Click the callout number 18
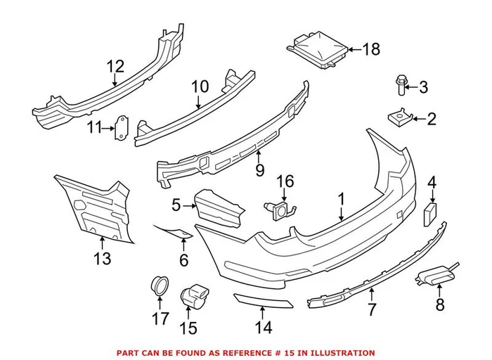coord(370,49)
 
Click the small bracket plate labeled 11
coord(124,127)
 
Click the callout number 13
coord(102,259)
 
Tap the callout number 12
coord(115,67)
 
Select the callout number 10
coord(200,86)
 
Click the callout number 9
coord(259,169)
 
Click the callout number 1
coord(341,200)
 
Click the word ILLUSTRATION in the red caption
coord(342,353)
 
